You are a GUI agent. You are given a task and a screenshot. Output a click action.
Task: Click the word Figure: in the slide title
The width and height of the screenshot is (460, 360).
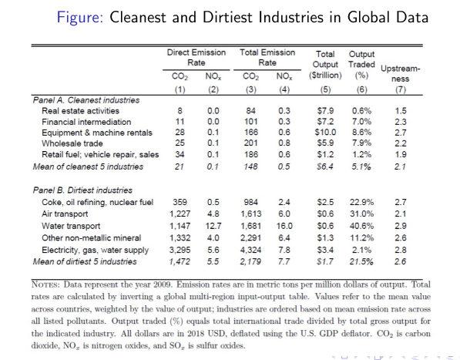click(x=80, y=17)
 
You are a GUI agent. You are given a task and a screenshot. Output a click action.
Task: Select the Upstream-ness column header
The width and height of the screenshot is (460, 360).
click(x=401, y=74)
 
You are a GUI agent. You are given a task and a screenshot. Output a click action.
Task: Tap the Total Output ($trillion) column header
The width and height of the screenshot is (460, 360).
click(x=325, y=65)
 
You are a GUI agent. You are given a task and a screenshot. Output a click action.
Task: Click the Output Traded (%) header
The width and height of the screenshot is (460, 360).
click(x=361, y=65)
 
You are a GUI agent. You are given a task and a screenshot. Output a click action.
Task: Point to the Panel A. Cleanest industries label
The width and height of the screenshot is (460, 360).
click(x=86, y=100)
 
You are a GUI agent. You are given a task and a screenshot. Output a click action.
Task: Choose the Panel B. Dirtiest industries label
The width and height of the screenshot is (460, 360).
click(x=82, y=190)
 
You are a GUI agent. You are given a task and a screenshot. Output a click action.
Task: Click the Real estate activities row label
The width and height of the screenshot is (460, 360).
click(x=80, y=111)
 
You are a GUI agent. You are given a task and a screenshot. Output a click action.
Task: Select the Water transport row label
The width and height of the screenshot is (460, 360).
click(x=71, y=226)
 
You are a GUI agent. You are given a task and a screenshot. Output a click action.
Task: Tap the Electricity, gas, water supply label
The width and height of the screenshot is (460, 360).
click(x=95, y=250)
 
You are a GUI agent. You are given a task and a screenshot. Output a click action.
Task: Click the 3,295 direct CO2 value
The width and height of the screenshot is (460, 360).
click(x=180, y=250)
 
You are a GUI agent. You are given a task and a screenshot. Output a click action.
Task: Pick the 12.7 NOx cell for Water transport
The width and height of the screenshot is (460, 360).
click(x=213, y=226)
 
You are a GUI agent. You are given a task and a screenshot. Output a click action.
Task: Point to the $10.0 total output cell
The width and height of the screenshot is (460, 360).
click(x=325, y=133)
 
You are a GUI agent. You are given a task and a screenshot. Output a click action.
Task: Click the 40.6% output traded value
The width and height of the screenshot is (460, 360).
click(x=361, y=226)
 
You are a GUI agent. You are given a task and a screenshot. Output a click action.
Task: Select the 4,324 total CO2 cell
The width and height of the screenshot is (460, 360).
click(x=251, y=250)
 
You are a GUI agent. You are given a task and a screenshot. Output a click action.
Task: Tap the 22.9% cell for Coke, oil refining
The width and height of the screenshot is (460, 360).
click(x=361, y=202)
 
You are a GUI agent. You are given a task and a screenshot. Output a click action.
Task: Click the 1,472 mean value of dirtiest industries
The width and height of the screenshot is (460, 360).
click(x=180, y=261)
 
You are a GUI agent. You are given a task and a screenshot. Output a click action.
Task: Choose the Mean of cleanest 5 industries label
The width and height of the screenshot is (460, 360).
click(x=88, y=167)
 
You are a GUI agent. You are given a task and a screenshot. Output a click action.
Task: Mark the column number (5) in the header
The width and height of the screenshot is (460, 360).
click(x=325, y=89)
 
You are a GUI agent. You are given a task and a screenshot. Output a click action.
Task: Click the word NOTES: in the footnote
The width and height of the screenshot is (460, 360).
click(x=45, y=284)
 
